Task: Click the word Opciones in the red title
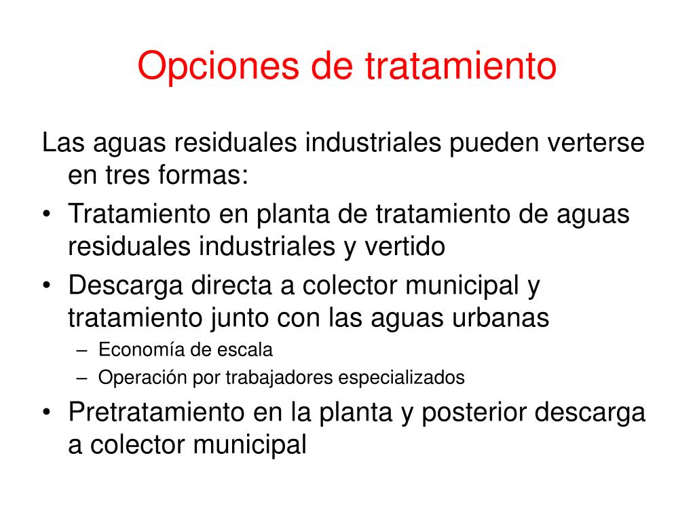218,66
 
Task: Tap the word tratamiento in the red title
461,66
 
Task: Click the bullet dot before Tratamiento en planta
47,214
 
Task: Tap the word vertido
405,246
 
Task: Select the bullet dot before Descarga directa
47,286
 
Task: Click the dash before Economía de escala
82,351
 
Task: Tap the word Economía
143,349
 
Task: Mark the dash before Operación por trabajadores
82,379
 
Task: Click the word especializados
402,379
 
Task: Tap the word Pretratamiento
157,412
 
